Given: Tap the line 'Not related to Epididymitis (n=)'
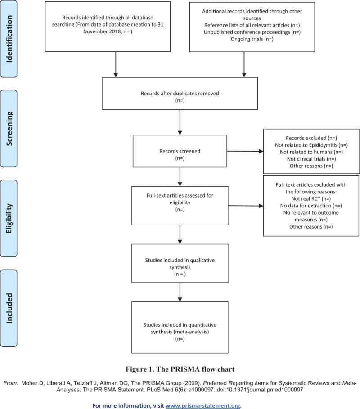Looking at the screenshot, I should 311,144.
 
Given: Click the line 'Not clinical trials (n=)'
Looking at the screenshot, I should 311,159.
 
